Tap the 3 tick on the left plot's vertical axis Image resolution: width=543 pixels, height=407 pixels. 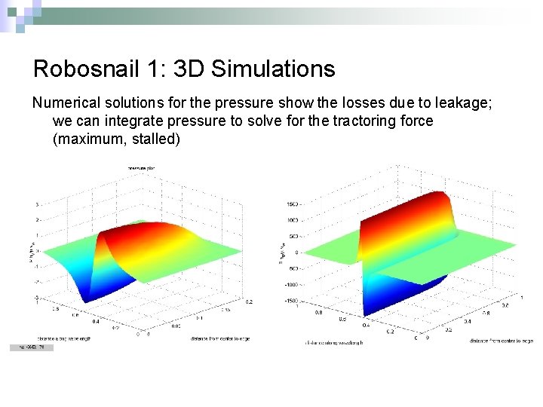(38, 204)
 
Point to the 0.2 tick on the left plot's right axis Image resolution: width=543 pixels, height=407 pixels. (249, 301)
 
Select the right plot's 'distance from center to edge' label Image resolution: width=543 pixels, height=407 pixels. (501, 341)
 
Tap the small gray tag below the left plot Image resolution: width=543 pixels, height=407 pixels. (31, 347)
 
